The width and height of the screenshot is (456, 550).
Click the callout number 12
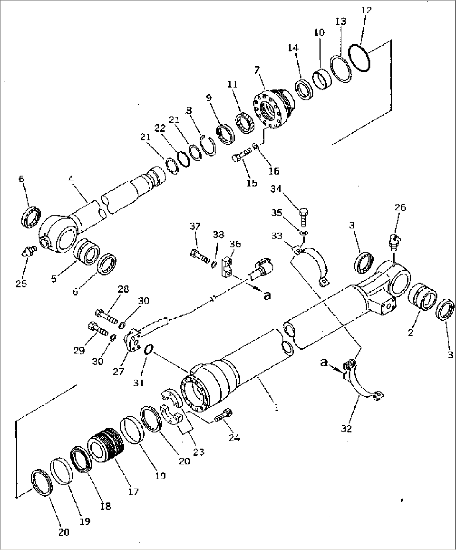(366, 10)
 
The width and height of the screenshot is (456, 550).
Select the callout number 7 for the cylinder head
(257, 70)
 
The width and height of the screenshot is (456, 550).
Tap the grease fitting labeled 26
(394, 242)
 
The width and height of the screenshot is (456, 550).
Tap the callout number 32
(346, 428)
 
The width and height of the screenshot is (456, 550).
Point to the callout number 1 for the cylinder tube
(276, 407)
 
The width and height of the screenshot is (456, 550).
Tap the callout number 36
(235, 244)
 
